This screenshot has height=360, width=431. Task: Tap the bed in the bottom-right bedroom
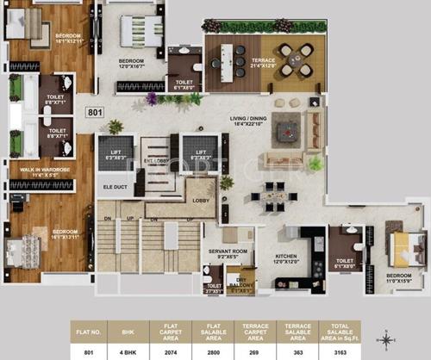click(402, 248)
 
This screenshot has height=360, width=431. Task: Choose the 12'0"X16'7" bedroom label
click(137, 63)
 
